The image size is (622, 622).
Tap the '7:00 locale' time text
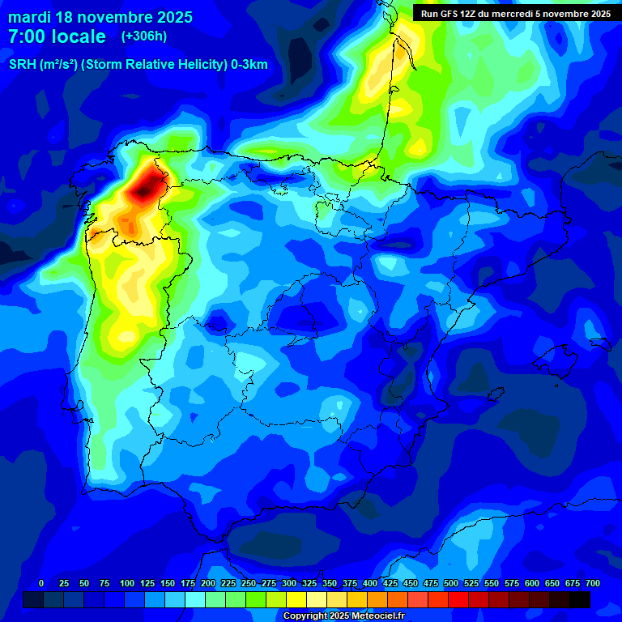pyautogui.click(x=57, y=36)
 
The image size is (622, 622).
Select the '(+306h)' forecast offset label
pyautogui.click(x=143, y=36)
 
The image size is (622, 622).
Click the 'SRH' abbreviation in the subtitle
pyautogui.click(x=22, y=65)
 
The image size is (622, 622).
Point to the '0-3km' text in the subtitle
pyautogui.click(x=249, y=65)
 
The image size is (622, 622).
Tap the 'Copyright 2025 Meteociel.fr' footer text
pyautogui.click(x=343, y=616)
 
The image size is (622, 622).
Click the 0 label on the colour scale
pyautogui.click(x=41, y=584)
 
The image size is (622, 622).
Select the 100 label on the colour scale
pyautogui.click(x=126, y=584)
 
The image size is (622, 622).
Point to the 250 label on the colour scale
pyautogui.click(x=248, y=584)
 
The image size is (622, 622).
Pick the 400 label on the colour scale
pyautogui.click(x=369, y=584)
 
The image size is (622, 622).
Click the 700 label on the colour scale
pyautogui.click(x=592, y=584)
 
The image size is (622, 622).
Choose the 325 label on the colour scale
pyautogui.click(x=309, y=584)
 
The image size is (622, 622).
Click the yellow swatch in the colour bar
pyautogui.click(x=296, y=599)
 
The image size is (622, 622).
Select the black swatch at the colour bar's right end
pyautogui.click(x=580, y=599)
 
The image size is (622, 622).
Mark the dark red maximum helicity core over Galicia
pyautogui.click(x=147, y=185)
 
